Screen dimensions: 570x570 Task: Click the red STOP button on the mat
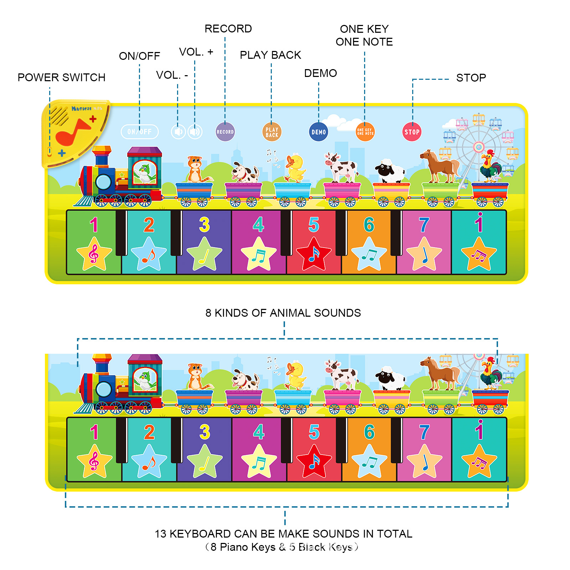pos(412,132)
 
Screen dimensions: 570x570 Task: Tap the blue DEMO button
pos(318,132)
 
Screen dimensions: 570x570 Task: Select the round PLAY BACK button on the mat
pos(271,132)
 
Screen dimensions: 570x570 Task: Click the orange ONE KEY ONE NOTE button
pos(365,132)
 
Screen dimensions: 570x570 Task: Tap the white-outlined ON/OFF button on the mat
pos(140,132)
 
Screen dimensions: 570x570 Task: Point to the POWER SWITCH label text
pos(61,77)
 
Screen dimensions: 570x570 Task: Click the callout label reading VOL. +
pos(196,52)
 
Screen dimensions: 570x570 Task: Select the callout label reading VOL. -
pos(172,75)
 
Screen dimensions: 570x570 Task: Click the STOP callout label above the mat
pos(471,78)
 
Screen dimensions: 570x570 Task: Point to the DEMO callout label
pos(320,73)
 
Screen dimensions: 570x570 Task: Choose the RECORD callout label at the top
pos(228,28)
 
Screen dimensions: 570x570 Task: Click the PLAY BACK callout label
pos(270,55)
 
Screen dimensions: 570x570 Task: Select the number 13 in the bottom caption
pos(160,534)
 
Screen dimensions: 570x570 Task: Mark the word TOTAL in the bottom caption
pos(394,534)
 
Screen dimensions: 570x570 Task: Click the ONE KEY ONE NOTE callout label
pos(364,35)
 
